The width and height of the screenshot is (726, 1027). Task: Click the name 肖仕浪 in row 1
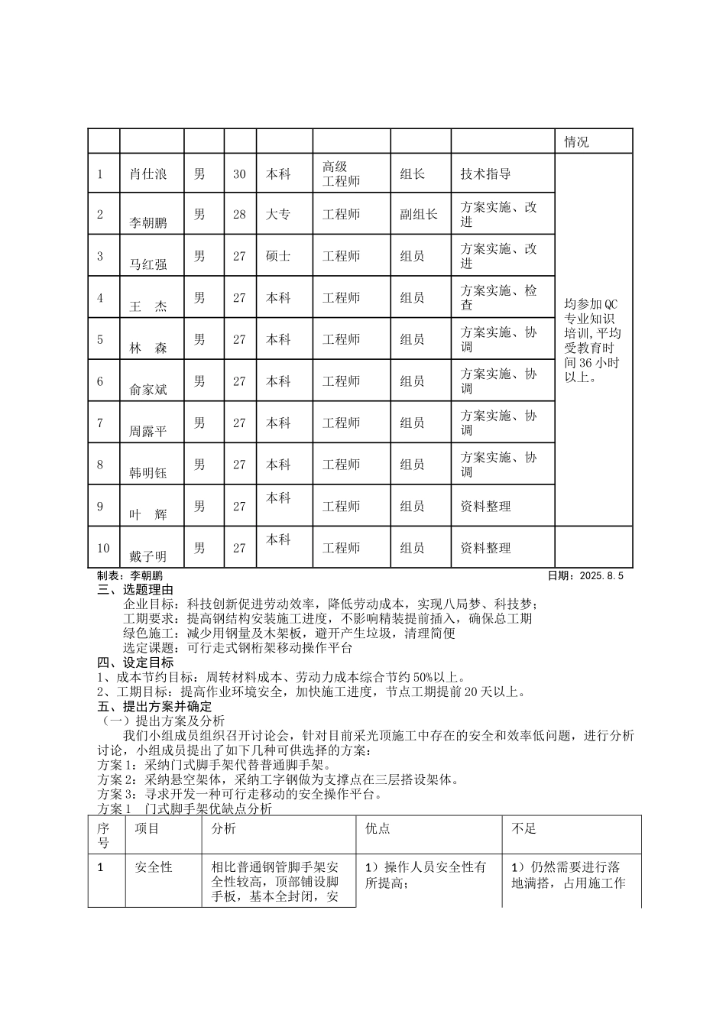(148, 174)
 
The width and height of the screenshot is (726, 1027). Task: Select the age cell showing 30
(239, 174)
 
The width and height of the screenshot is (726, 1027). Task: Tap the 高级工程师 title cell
(341, 174)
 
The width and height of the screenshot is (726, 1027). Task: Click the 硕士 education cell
(278, 256)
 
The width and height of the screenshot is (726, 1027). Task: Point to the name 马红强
(148, 265)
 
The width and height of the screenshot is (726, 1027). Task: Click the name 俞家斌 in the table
(148, 390)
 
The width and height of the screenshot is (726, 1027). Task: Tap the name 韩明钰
(148, 473)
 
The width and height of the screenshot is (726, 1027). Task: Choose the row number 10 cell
(103, 548)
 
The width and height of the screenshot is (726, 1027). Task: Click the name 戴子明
(148, 556)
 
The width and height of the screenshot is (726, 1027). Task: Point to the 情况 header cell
(576, 142)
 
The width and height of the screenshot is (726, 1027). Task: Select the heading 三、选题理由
(136, 590)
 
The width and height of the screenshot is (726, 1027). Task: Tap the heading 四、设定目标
(136, 663)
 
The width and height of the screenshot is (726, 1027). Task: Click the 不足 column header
(524, 829)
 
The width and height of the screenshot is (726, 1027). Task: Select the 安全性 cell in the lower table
(154, 867)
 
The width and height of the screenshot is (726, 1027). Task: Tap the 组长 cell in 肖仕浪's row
(413, 174)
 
